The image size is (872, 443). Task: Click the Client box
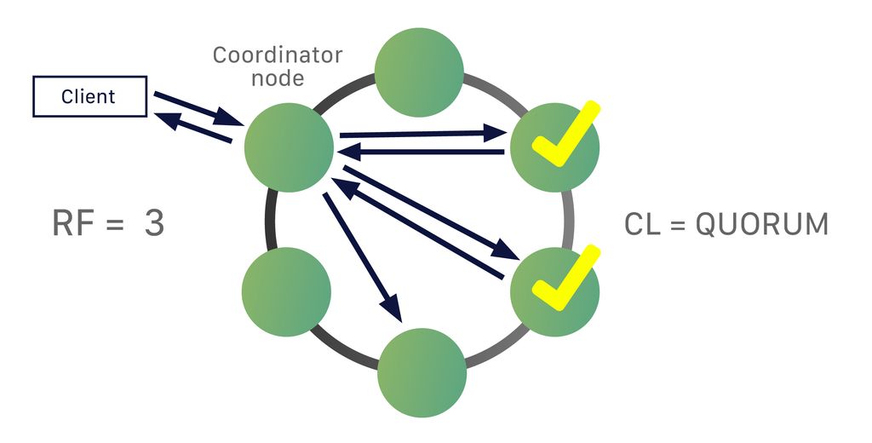pos(89,96)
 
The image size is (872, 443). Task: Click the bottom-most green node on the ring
pos(422,372)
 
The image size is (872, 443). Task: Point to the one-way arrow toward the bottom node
pos(361,256)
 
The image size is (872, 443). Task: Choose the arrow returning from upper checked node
pos(422,152)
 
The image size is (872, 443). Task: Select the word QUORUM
pos(761,225)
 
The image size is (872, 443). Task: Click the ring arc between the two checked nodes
pos(568,217)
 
